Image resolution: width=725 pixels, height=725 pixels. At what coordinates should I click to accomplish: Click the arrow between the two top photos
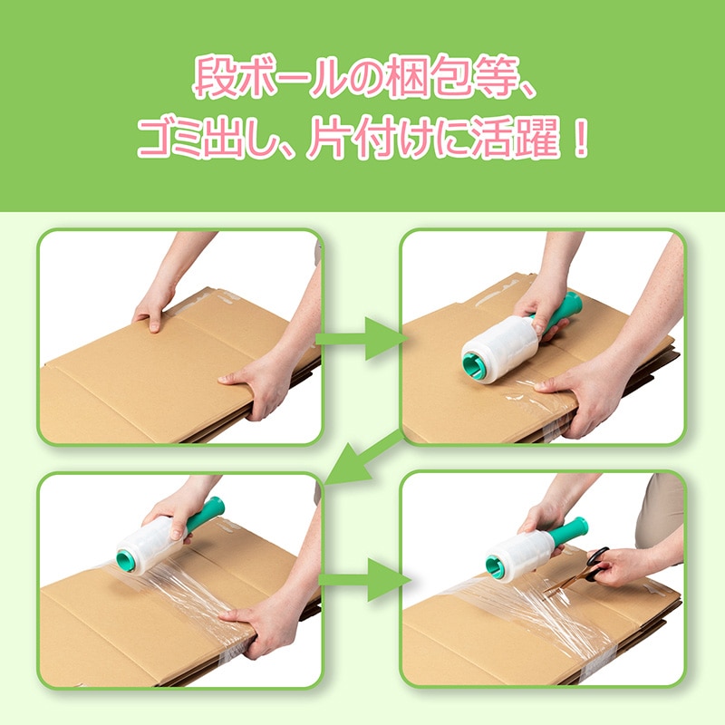[362, 338]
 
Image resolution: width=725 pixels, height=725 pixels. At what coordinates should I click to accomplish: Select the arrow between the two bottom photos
[365, 580]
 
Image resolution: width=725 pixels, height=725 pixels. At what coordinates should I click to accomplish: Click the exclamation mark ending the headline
[580, 138]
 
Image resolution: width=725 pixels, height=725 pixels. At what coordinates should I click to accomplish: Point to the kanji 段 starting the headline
[216, 77]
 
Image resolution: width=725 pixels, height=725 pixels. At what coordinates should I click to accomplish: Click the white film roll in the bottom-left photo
[146, 546]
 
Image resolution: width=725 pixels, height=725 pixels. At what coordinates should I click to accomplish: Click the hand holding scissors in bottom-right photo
[616, 565]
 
